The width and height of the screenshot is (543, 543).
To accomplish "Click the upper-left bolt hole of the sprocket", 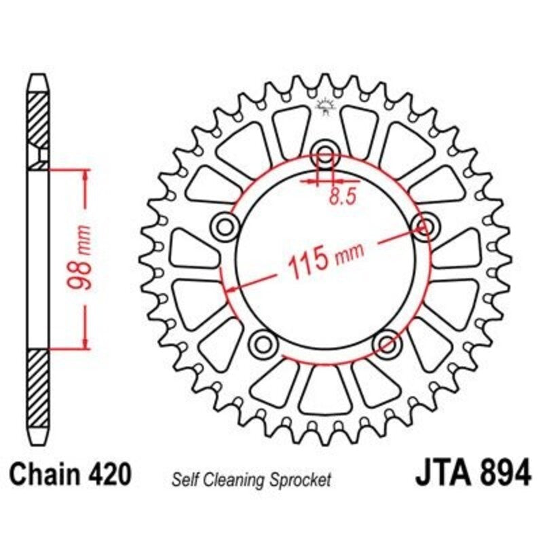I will click(x=225, y=226).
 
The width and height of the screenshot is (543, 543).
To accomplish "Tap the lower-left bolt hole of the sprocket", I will click(x=263, y=343).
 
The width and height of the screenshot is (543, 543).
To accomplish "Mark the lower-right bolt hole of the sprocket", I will click(x=388, y=343).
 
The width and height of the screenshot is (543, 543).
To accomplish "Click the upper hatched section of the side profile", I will click(x=39, y=119).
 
